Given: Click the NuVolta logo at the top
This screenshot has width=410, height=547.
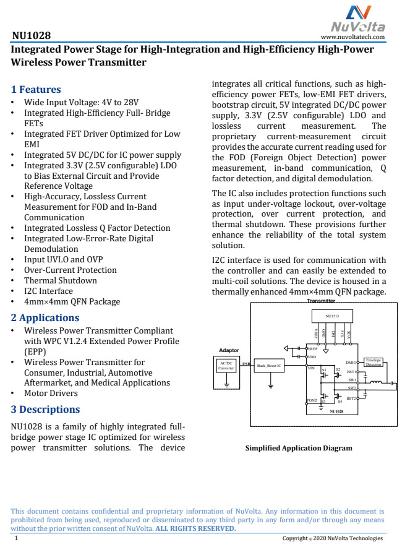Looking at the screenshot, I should (x=358, y=19).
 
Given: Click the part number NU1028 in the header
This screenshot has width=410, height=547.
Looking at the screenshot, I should (x=32, y=36).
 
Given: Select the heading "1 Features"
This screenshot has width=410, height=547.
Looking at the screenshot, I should (x=36, y=89).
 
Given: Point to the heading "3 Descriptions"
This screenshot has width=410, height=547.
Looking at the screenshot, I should (x=46, y=409).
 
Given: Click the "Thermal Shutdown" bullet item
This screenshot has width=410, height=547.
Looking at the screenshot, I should (x=60, y=280).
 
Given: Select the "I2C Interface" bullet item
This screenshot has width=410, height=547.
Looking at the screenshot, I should (x=48, y=291).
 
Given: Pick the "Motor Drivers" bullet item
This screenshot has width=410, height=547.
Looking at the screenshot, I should (x=51, y=393).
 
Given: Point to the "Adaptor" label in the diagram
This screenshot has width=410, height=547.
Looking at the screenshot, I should (x=229, y=351).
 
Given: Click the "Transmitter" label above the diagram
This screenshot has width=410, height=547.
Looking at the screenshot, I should (x=321, y=301).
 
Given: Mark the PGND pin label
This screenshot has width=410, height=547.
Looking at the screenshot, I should (x=312, y=400).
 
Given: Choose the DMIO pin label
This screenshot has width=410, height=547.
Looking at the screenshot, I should (x=351, y=362).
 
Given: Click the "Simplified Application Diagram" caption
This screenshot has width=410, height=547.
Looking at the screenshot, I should (x=299, y=448).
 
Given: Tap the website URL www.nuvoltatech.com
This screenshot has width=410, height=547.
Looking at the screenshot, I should (x=353, y=37).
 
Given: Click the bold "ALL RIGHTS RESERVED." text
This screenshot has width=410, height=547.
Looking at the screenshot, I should (x=195, y=528).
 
